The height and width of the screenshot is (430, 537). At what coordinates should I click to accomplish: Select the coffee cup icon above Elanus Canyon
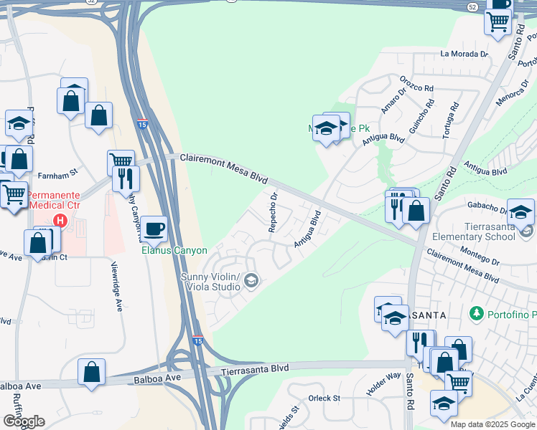154,229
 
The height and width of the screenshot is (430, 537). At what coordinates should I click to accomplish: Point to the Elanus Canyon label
174,251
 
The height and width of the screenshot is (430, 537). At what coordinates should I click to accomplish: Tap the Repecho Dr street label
273,212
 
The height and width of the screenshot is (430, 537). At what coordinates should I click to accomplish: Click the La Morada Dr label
464,54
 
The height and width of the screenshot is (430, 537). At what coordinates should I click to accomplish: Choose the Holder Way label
383,383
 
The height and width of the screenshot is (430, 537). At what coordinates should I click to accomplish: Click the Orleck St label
324,398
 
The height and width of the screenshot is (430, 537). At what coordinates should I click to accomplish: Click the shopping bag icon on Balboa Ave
91,371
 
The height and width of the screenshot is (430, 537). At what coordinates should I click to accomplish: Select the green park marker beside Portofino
475,314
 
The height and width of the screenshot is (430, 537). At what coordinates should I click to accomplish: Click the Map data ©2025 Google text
492,424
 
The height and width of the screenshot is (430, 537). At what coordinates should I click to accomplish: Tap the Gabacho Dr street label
487,206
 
